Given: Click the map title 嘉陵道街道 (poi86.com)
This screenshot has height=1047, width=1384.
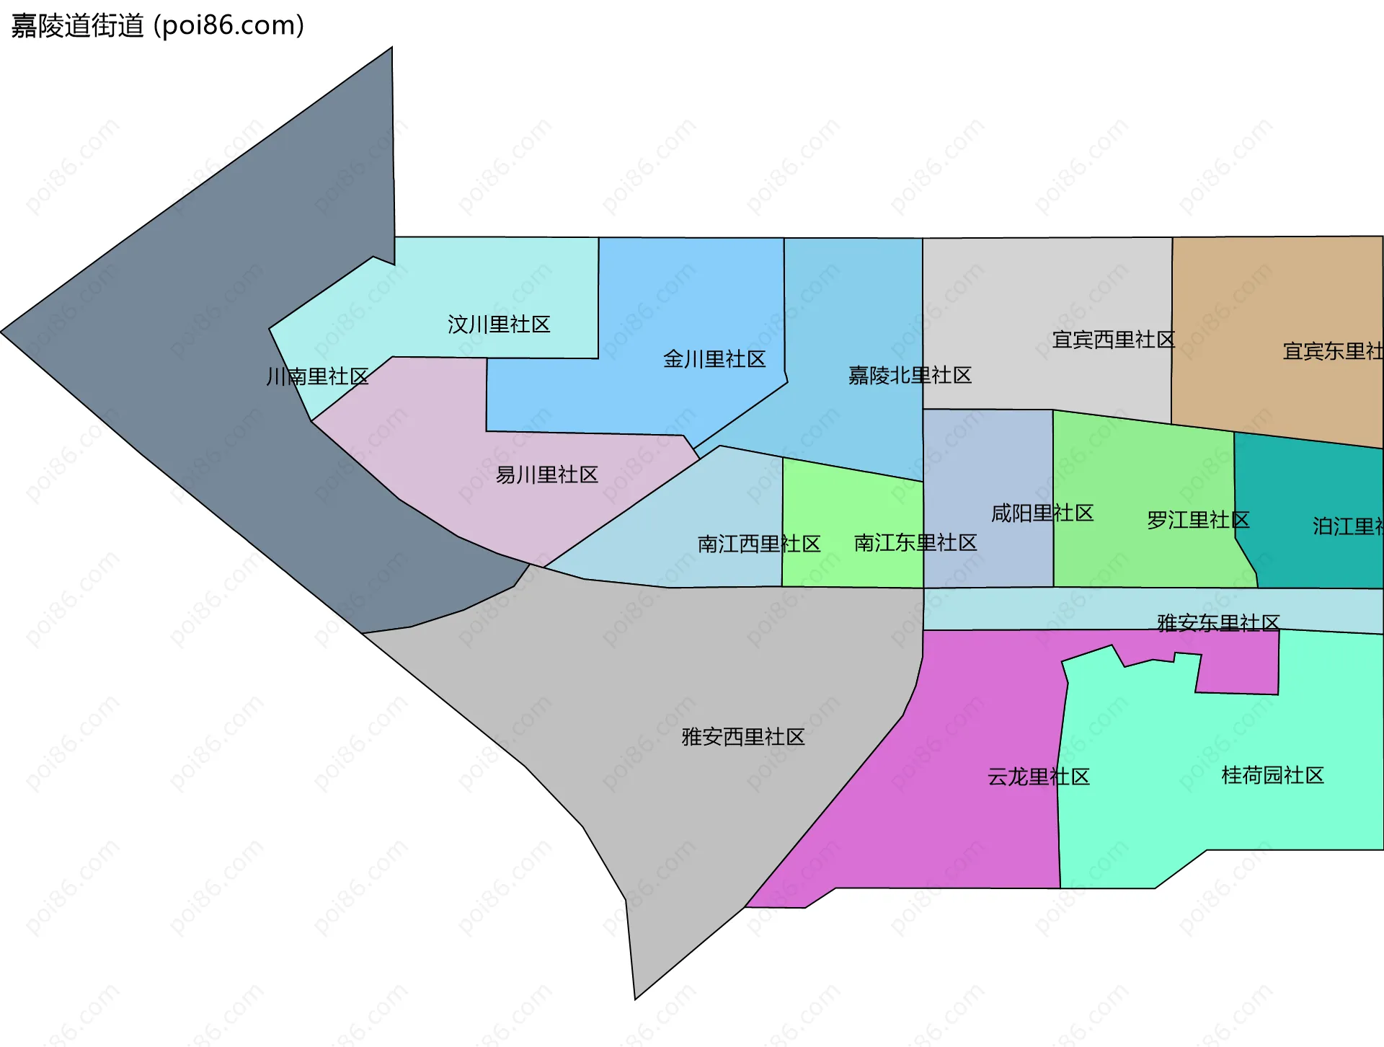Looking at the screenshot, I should click(x=157, y=26).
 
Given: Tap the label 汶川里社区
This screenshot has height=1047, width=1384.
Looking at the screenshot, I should click(x=499, y=324).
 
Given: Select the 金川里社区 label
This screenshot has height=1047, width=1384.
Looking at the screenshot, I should click(x=714, y=359).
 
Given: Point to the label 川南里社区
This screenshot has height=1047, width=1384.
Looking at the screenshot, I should click(x=317, y=376).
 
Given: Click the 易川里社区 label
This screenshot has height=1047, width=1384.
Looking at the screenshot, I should click(x=546, y=474).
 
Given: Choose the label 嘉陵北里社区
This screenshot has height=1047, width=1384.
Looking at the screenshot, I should click(x=910, y=375).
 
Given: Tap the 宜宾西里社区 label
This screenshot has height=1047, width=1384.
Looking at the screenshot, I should click(x=1113, y=339).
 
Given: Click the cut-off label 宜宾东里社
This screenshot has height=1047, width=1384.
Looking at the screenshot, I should click(x=1332, y=351).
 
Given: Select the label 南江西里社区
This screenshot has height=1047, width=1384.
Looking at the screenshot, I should click(x=758, y=544).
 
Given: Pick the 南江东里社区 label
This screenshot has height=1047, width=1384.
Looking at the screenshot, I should click(x=915, y=543).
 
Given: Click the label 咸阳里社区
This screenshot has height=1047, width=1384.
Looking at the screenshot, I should click(x=1042, y=513).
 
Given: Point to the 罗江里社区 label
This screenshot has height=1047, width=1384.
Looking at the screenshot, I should click(x=1198, y=520).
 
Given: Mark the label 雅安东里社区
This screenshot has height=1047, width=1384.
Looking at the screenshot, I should click(x=1218, y=622).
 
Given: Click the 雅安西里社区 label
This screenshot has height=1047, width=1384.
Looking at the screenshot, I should click(x=742, y=737).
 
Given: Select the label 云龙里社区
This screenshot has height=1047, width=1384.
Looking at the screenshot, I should click(x=1038, y=777).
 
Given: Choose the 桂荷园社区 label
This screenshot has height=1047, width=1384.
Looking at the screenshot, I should click(x=1272, y=775).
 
